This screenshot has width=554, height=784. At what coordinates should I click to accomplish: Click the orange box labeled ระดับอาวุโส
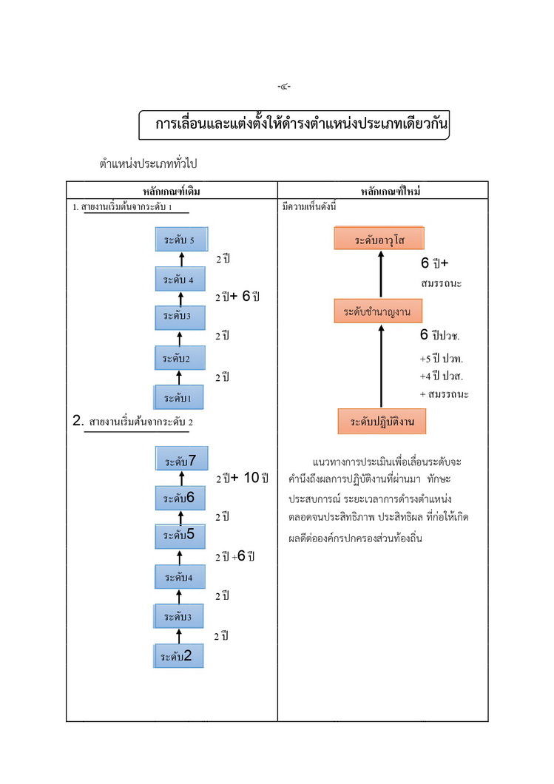pos(379,240)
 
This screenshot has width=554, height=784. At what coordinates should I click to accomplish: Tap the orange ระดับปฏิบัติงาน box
pos(382,421)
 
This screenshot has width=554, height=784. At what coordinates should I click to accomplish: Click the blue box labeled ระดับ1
pos(178,398)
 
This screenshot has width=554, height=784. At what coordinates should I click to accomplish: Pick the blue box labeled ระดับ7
pos(181,460)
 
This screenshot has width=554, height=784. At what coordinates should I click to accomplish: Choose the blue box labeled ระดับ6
pos(180,499)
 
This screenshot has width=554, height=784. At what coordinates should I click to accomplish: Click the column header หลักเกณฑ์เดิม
pos(172,192)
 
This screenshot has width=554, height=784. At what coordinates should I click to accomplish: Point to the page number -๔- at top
pos(284,87)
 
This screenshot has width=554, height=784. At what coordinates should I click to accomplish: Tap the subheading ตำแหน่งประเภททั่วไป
pos(149,163)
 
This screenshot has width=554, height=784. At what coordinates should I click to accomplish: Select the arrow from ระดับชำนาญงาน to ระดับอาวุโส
pos(381,274)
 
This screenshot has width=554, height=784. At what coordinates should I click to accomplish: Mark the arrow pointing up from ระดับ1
pos(178,377)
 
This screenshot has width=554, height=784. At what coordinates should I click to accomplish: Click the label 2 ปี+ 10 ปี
pos(242,478)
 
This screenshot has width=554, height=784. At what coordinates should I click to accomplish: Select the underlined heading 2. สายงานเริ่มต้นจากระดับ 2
pos(132,422)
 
